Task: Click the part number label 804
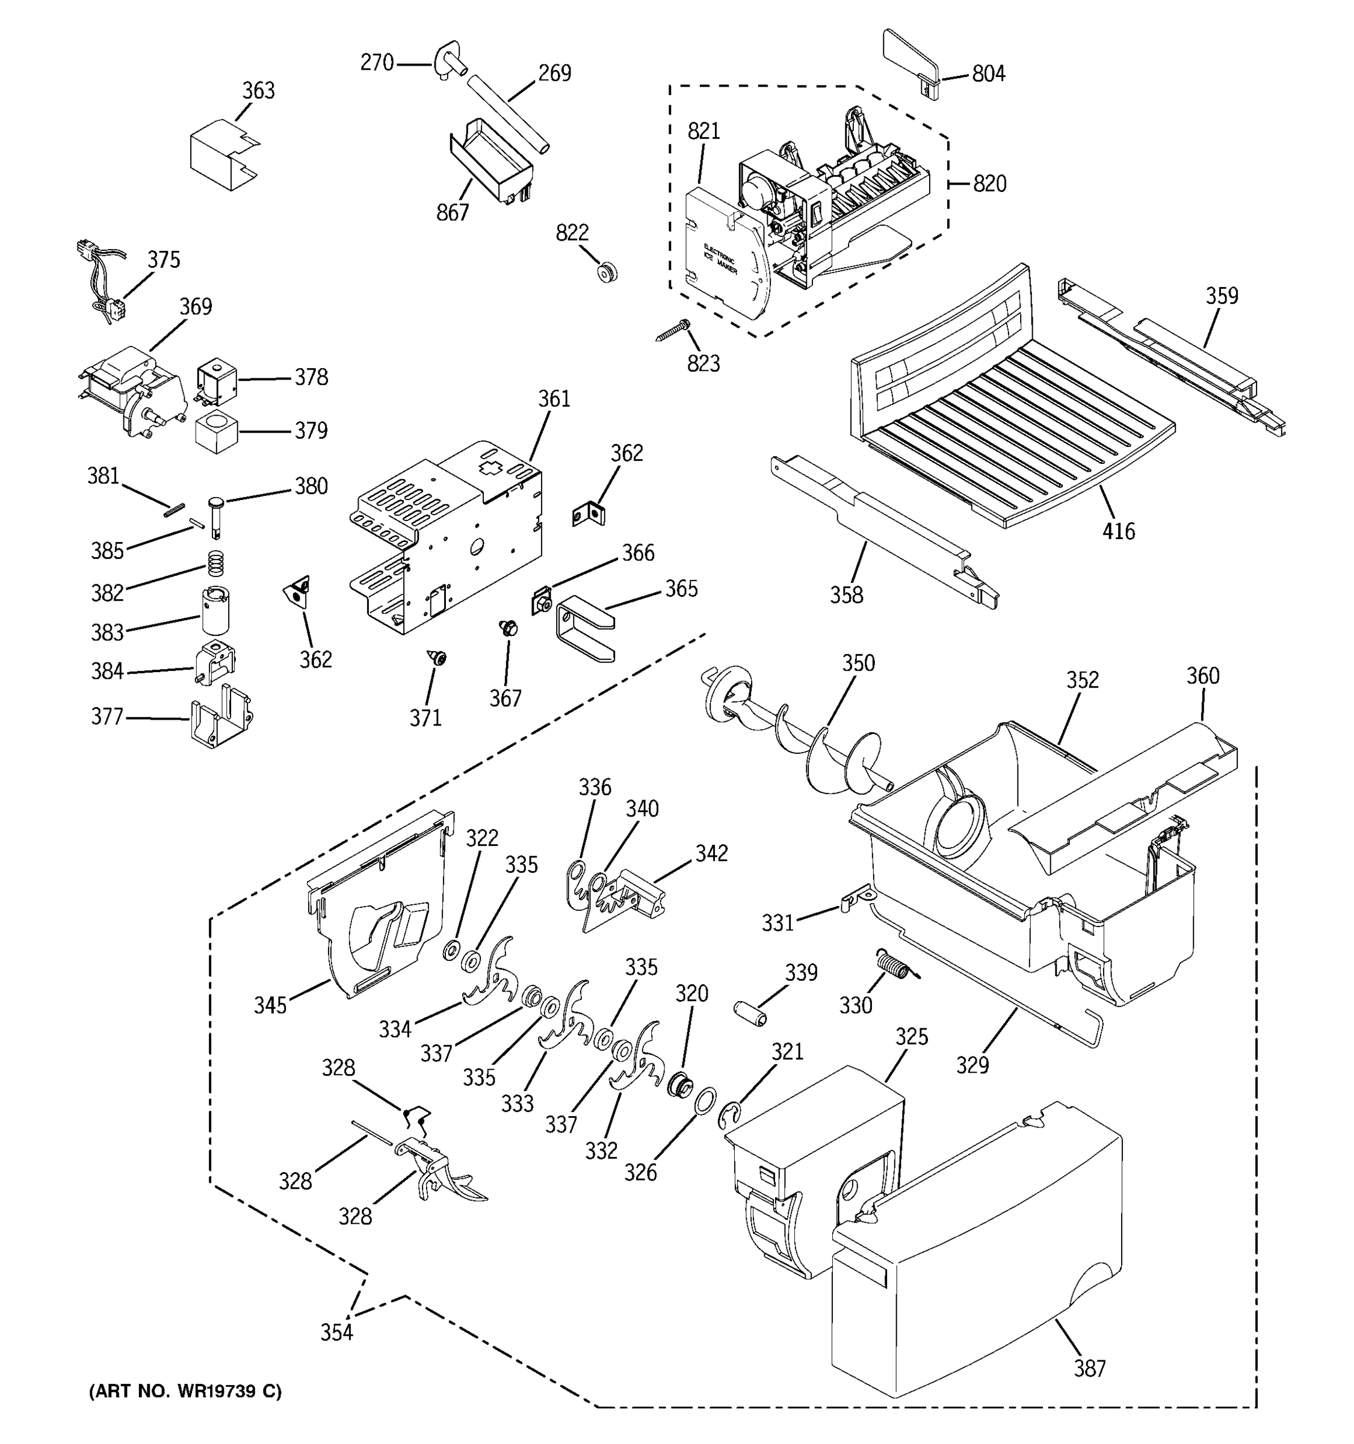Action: [x=988, y=73]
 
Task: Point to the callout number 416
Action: [x=1118, y=532]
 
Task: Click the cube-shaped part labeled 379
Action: [x=217, y=431]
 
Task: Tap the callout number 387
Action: [x=1090, y=1368]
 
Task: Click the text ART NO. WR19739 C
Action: [x=185, y=1391]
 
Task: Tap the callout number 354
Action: [x=336, y=1332]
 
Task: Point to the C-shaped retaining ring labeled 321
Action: [x=730, y=1117]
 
